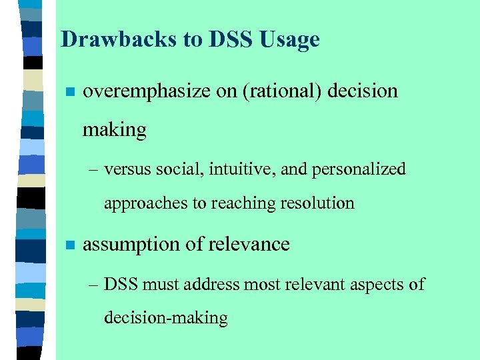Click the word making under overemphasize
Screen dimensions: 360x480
pyautogui.click(x=114, y=130)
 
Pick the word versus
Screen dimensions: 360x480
pyautogui.click(x=129, y=169)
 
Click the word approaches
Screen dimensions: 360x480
pyautogui.click(x=146, y=203)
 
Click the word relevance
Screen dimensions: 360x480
pyautogui.click(x=249, y=245)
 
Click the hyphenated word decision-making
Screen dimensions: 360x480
pyautogui.click(x=165, y=318)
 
